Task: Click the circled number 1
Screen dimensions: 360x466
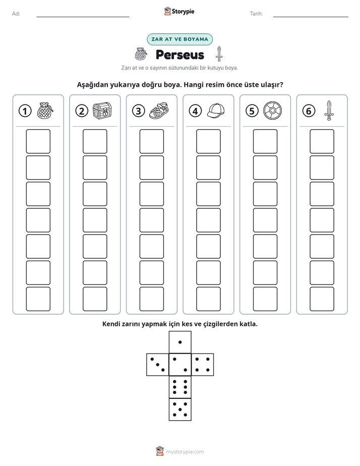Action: coord(25,111)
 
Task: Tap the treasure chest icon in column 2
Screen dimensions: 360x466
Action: coord(102,111)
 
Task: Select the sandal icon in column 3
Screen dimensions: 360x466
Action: coord(159,111)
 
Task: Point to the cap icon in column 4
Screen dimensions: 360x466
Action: coord(216,111)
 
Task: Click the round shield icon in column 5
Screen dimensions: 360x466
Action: coord(272,111)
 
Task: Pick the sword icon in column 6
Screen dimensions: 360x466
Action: coord(329,110)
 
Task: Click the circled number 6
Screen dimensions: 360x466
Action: coord(309,111)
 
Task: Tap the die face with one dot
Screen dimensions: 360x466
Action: coord(180,342)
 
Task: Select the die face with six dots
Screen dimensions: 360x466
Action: coord(180,387)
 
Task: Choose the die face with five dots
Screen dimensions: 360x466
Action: coord(180,410)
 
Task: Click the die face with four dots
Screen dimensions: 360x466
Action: coord(203,365)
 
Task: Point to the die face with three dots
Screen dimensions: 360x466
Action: coord(157,365)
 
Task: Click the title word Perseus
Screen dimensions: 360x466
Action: coord(180,55)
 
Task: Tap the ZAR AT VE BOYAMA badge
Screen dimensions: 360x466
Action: coord(179,39)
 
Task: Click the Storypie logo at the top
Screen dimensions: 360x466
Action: coord(179,11)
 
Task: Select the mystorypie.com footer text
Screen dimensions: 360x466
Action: coord(185,452)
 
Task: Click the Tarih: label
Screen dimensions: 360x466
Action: coord(256,14)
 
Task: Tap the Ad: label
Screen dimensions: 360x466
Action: coord(16,14)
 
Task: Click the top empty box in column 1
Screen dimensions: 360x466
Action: coord(38,141)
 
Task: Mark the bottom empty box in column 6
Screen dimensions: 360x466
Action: coord(322,299)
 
